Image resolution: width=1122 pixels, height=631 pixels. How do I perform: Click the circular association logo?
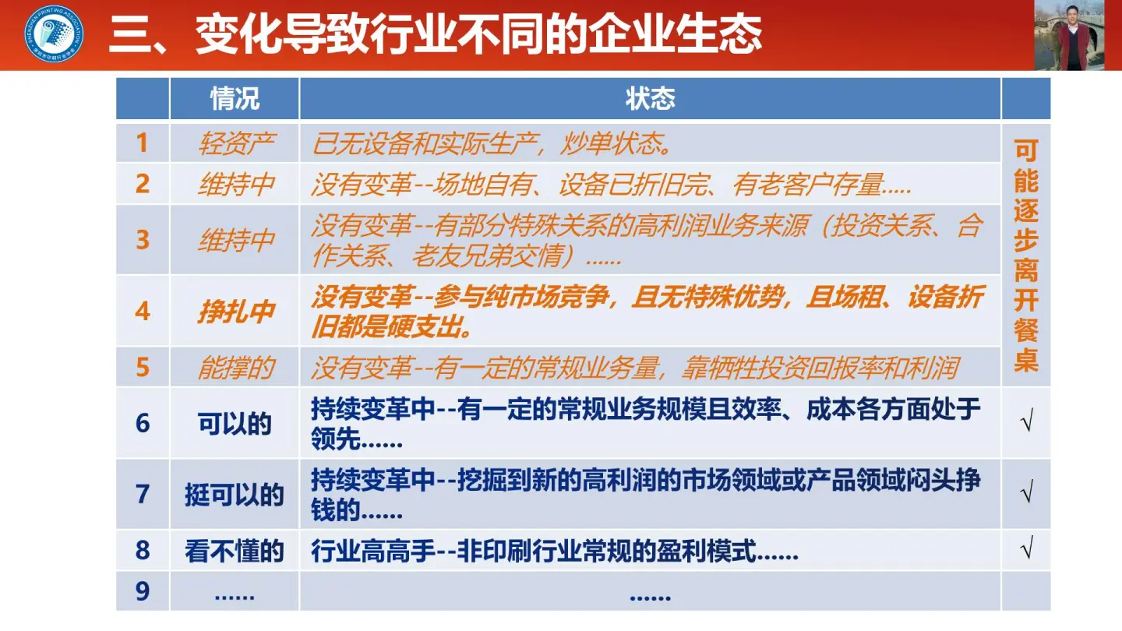pos(55,35)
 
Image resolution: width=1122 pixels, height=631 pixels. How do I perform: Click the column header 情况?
pos(235,99)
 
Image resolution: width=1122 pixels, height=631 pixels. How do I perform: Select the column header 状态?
pos(650,99)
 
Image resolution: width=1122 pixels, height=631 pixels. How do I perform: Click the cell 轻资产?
pos(235,143)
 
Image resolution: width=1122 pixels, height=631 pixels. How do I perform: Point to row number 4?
pos(143,311)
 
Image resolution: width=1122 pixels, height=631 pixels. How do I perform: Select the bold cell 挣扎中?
pos(235,311)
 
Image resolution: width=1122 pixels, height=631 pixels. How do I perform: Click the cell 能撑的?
pos(235,368)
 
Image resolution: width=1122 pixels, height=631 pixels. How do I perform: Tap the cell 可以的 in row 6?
pos(235,424)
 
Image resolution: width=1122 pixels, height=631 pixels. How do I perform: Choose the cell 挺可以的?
pos(235,495)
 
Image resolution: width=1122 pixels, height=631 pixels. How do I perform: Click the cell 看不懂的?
pos(235,552)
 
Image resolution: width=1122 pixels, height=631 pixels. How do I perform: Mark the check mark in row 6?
pos(1026,424)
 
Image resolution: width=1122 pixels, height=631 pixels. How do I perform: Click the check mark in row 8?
pos(1026,552)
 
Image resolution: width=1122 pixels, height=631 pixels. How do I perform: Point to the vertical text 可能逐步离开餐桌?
pos(1026,256)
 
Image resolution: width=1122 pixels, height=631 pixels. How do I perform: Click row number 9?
pos(143,592)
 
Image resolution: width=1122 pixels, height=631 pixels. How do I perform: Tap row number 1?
pos(143,143)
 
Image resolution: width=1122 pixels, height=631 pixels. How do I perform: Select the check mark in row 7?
pos(1026,495)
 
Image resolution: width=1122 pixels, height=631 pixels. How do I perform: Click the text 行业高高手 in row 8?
pos(372,552)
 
